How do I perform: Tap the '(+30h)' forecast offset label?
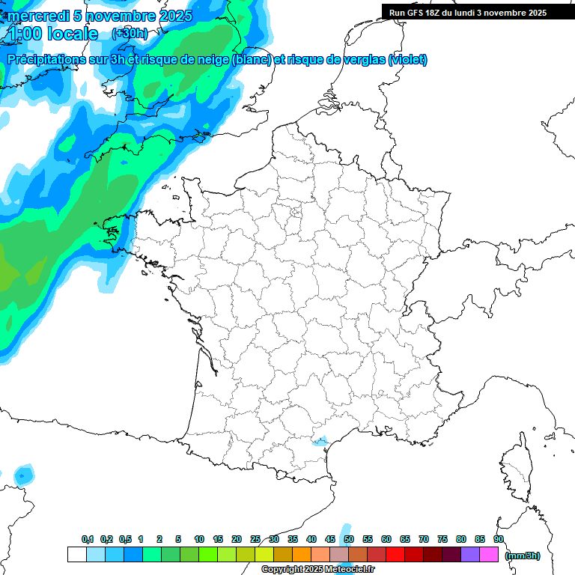point(129,34)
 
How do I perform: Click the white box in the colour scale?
point(76,554)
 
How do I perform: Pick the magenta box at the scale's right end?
point(489,554)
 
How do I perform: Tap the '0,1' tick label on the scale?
point(88,539)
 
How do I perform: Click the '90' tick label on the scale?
point(499,539)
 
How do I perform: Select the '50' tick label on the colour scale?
point(349,539)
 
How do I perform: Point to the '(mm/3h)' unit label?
point(522,555)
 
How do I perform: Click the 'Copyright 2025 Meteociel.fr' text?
point(317,570)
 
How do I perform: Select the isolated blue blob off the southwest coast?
point(24,474)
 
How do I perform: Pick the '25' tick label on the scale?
point(255,539)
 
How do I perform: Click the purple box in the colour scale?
point(470,554)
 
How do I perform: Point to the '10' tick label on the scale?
point(199,539)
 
